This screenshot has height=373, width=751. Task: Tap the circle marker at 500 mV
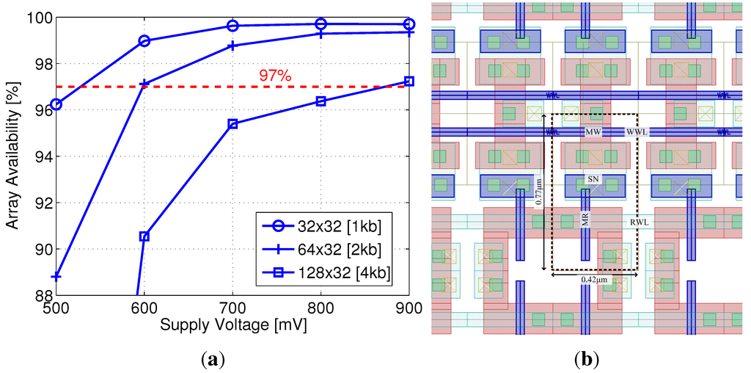click(56, 104)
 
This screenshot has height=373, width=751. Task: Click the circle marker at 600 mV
click(144, 41)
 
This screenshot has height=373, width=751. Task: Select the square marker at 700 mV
click(232, 124)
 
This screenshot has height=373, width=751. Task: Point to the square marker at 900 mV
click(409, 81)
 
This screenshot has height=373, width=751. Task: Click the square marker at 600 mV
click(144, 236)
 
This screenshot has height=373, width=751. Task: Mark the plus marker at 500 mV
click(56, 276)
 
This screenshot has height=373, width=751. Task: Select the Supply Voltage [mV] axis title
click(232, 324)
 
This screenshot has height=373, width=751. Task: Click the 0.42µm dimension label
click(595, 280)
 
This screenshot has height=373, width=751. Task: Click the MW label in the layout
click(593, 132)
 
